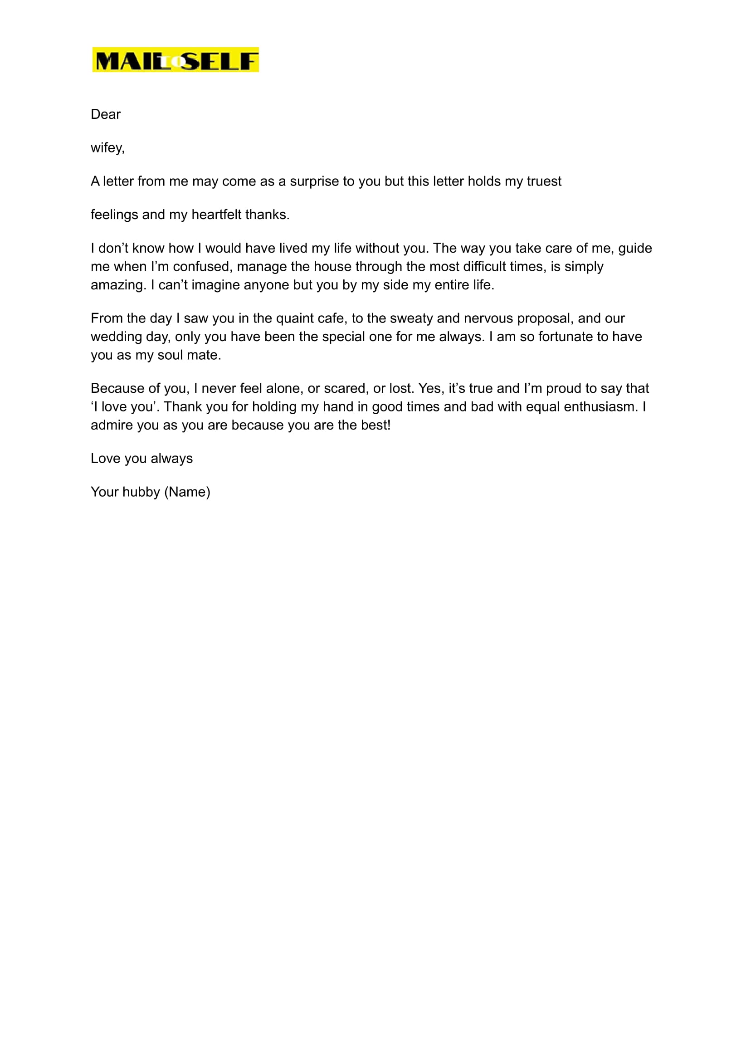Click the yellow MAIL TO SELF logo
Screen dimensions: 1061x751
point(175,60)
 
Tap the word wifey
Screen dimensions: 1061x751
point(107,148)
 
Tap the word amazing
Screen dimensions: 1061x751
point(118,285)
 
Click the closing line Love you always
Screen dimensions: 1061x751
point(141,458)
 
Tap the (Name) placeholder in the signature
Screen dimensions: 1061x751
point(187,492)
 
